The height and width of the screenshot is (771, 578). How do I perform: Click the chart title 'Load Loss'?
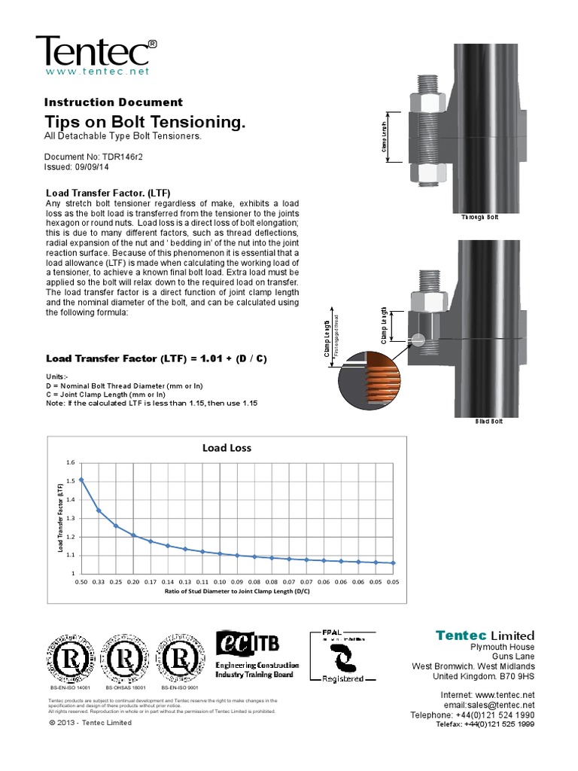227,447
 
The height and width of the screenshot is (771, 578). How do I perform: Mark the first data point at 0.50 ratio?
81,480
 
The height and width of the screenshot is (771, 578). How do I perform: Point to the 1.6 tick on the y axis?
71,462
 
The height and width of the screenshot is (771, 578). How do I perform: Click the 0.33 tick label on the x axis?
99,582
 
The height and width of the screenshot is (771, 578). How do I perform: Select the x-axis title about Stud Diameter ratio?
238,592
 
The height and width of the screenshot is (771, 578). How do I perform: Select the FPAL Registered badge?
343,656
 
